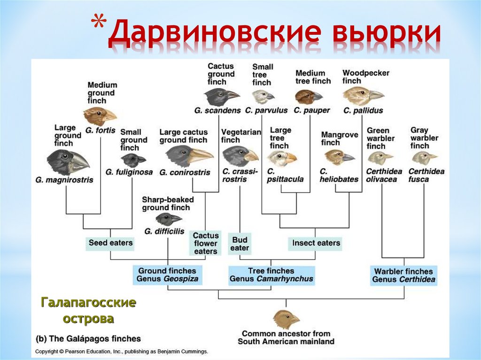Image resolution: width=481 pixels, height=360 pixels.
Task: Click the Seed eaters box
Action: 110,243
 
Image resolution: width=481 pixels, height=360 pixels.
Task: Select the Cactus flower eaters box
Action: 205,243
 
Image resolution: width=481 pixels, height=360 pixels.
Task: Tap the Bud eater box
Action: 240,243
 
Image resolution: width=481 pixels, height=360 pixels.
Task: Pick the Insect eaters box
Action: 316,243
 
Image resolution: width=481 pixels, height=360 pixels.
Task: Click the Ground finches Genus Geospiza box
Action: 168,275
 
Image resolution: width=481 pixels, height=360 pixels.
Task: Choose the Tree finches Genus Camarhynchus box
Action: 271,275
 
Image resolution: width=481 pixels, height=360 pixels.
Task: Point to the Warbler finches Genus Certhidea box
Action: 403,275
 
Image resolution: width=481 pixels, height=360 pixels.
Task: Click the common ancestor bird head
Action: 286,319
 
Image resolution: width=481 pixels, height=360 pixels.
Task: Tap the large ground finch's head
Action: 68,161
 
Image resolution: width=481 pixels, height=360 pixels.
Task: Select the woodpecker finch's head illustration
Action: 362,96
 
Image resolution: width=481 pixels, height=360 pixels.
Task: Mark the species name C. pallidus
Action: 363,111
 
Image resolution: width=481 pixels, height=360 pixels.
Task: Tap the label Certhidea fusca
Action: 426,175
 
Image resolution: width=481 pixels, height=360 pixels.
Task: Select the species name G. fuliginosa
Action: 129,172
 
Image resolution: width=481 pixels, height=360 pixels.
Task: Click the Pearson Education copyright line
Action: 122,351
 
